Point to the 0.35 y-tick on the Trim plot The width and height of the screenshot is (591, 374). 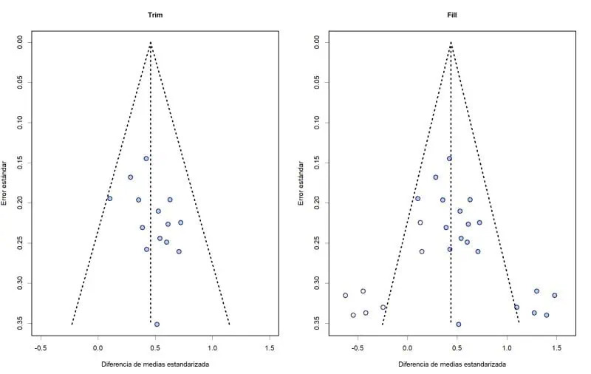[x=19, y=323]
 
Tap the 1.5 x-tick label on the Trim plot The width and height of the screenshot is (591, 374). [x=270, y=347]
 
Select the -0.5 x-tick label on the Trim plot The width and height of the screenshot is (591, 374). [x=40, y=347]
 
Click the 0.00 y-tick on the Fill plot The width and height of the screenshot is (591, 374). [x=318, y=43]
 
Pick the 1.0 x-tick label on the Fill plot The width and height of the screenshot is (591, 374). [x=506, y=347]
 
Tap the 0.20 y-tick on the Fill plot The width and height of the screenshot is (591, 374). [x=318, y=203]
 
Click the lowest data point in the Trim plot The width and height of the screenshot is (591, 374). [x=157, y=324]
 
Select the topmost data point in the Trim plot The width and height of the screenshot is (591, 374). [x=146, y=158]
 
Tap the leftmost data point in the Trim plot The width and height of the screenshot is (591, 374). [x=109, y=198]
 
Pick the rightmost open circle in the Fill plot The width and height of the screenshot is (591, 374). [x=554, y=296]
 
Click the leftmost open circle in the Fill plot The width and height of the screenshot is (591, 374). [x=345, y=296]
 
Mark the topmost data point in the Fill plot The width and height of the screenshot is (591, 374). [x=448, y=158]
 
